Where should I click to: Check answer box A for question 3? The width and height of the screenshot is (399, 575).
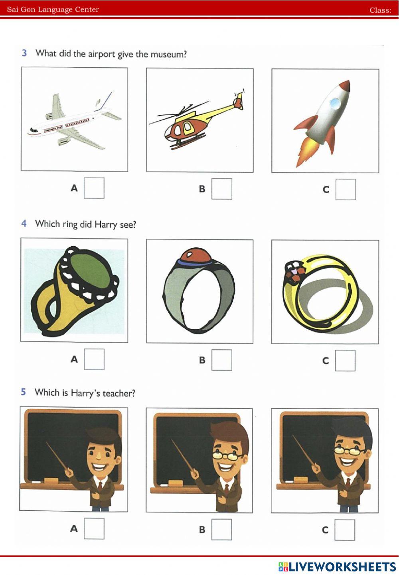[x=94, y=188]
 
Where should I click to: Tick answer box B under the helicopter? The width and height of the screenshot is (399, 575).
[x=221, y=189]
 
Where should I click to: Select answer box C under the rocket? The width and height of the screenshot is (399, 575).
[x=346, y=189]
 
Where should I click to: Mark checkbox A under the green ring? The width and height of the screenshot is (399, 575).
[x=94, y=359]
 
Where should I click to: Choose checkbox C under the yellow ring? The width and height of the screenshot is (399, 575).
[x=345, y=360]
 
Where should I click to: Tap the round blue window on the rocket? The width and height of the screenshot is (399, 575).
[x=335, y=103]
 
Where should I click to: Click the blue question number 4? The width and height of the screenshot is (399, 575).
[x=24, y=223]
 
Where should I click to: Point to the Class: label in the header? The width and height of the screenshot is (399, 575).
[x=381, y=10]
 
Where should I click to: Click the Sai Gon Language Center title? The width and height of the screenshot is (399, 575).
[x=53, y=10]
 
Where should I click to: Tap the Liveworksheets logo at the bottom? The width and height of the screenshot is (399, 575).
[x=337, y=567]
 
